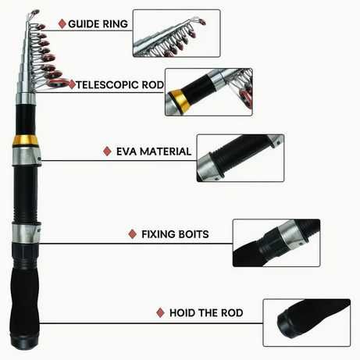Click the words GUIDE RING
tap(98, 24)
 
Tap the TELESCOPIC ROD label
tap(120, 85)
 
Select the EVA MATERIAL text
tap(154, 151)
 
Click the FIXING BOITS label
tap(175, 234)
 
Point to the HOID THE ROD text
tap(206, 312)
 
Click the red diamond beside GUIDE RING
tap(62, 24)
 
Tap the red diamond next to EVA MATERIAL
tap(107, 151)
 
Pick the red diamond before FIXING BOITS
tap(133, 234)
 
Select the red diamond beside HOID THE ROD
tap(160, 312)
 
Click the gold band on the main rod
tap(25, 141)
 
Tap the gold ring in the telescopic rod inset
tap(179, 100)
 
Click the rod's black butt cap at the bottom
tap(24, 341)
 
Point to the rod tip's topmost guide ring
tap(34, 12)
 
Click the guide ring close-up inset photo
tap(176, 34)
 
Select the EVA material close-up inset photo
tap(241, 158)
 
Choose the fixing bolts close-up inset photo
tap(276, 243)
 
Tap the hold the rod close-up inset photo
tap(307, 323)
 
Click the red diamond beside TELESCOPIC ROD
tap(72, 85)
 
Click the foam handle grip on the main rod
tap(25, 299)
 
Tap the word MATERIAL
tap(166, 151)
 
